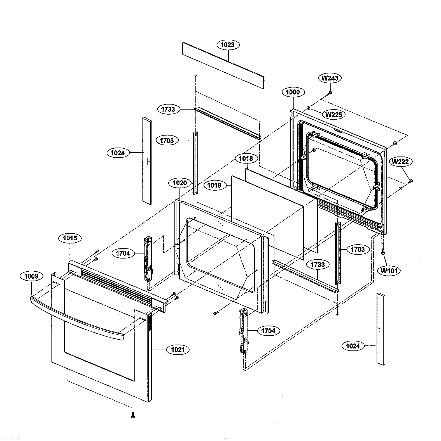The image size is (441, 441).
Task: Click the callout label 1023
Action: pyautogui.click(x=228, y=45)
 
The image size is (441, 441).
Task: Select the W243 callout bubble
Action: pyautogui.click(x=330, y=78)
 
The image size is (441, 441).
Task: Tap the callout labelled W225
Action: pyautogui.click(x=334, y=114)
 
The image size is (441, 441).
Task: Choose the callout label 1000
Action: pyautogui.click(x=293, y=92)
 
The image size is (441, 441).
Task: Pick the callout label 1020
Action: pyautogui.click(x=179, y=183)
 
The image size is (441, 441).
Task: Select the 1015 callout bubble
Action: pyautogui.click(x=70, y=238)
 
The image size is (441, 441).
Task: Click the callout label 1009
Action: pyautogui.click(x=31, y=276)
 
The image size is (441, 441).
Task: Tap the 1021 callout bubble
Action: pyautogui.click(x=178, y=350)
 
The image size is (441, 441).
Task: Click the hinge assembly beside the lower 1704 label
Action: pyautogui.click(x=243, y=331)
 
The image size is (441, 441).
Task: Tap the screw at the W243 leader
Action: pyautogui.click(x=331, y=93)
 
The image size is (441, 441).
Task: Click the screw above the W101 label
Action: pyautogui.click(x=383, y=252)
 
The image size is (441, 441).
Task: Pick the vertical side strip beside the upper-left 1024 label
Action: pyautogui.click(x=147, y=161)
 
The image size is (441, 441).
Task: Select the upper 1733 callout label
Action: pyautogui.click(x=168, y=109)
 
